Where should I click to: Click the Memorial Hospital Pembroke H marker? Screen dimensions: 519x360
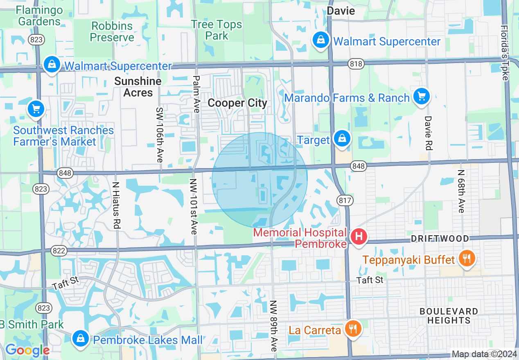point(359,236)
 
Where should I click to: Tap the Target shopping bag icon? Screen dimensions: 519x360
point(341,138)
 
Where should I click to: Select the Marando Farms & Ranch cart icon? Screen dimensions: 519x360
point(421,97)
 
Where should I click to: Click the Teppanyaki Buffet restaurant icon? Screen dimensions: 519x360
point(465,258)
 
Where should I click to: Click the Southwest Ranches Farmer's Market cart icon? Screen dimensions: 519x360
point(36,109)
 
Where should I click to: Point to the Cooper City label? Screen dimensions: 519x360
point(237,103)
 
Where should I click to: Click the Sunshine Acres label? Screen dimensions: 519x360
point(138,87)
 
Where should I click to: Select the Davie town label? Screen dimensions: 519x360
point(341,11)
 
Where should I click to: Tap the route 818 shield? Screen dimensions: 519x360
point(356,63)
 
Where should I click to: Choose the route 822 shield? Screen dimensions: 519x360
point(59,251)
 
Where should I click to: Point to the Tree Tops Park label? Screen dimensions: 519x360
point(217,30)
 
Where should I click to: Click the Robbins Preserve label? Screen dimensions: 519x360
point(112,32)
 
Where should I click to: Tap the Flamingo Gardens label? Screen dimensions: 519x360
point(39,16)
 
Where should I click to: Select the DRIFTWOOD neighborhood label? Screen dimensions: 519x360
point(440,239)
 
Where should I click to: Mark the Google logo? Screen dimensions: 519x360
point(27,350)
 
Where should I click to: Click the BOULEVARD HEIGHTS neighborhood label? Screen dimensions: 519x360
point(449,316)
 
